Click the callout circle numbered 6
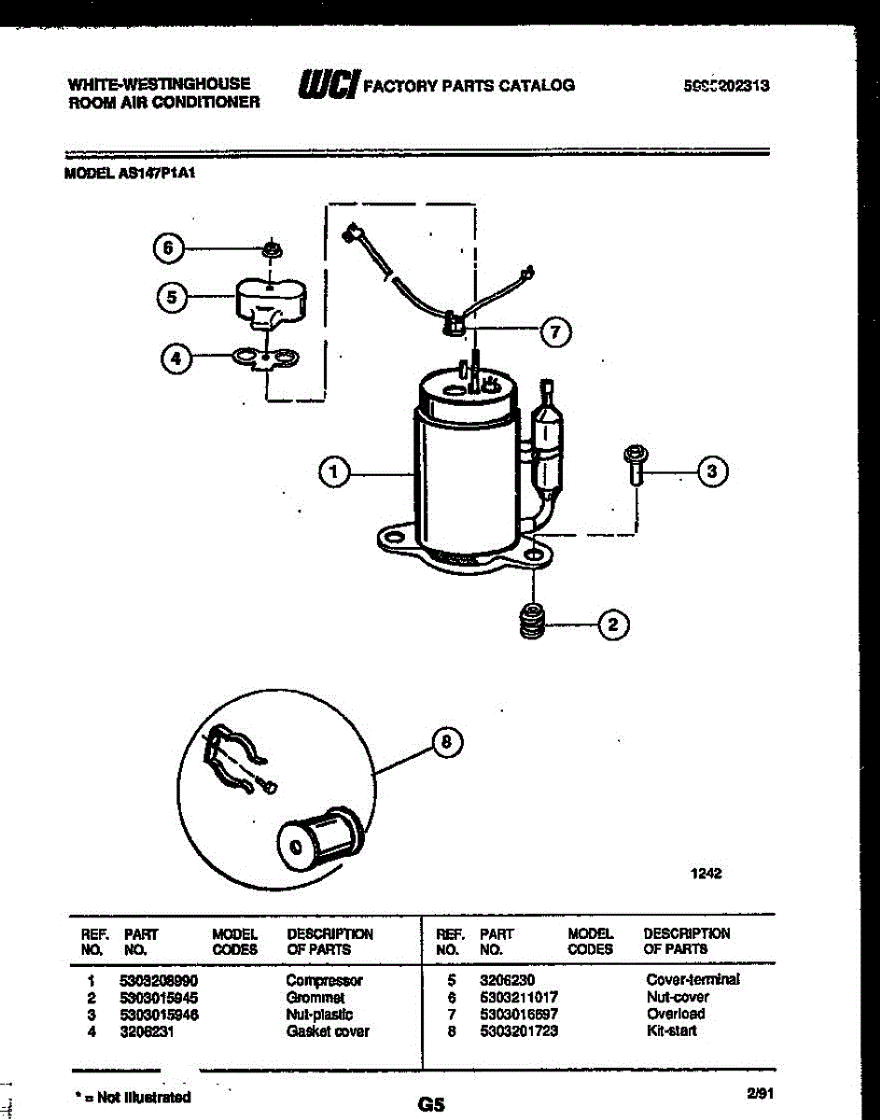pos(167,248)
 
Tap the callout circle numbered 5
pos(171,298)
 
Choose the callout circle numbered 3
pos(713,472)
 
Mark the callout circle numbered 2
pos(613,624)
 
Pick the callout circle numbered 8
pos(447,742)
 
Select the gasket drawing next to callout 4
pos(265,357)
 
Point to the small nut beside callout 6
pos(272,249)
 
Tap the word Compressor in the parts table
pos(324,981)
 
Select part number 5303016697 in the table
pos(519,1015)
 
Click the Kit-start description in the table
pos(672,1031)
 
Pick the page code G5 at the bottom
pos(431,1104)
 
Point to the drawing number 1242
pos(706,874)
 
